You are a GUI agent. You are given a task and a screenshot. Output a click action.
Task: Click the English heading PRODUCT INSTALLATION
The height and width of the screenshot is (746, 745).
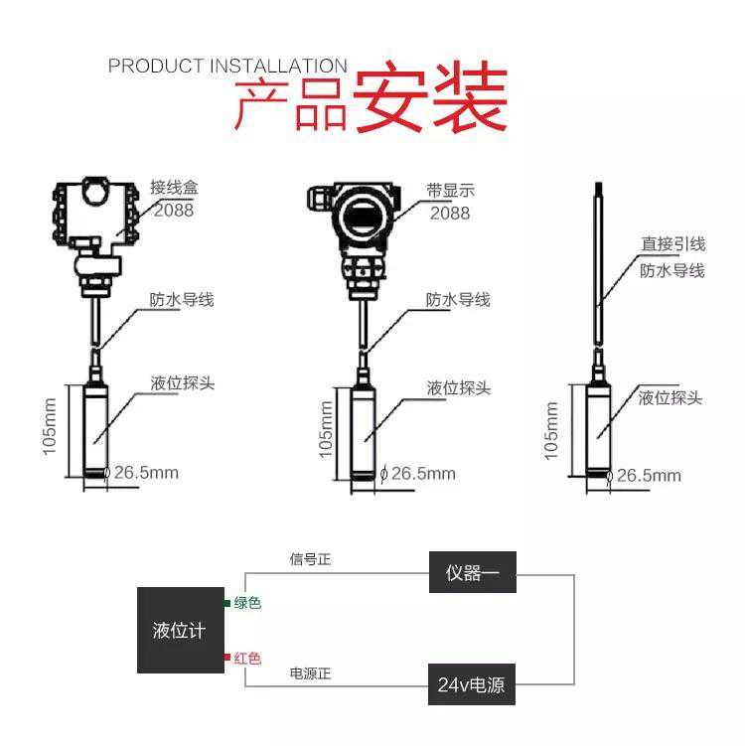tap(227, 66)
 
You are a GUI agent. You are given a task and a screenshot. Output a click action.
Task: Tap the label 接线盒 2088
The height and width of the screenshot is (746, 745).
tap(174, 199)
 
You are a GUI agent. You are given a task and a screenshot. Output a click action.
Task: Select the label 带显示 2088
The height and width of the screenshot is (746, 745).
tap(450, 202)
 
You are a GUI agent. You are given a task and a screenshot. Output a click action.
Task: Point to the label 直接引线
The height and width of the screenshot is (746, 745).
tap(672, 243)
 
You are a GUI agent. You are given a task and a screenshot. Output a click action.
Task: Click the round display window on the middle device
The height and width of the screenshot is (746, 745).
tap(363, 217)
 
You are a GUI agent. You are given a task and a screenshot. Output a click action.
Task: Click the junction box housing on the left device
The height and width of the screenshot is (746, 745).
tap(95, 213)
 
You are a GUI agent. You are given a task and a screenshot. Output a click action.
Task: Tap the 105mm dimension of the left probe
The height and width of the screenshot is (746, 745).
tap(49, 427)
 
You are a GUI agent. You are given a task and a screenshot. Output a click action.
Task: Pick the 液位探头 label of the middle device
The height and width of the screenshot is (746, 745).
tap(458, 388)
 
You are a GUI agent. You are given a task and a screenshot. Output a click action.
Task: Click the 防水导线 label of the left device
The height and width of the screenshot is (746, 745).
tap(182, 300)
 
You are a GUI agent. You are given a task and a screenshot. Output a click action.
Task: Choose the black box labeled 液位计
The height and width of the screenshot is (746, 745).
tap(181, 630)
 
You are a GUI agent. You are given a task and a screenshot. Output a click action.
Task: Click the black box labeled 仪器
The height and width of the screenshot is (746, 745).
tap(473, 572)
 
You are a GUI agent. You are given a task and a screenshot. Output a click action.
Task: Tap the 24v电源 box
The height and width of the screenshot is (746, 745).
tap(472, 684)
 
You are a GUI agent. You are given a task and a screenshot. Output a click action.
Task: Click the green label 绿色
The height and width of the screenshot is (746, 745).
tap(247, 603)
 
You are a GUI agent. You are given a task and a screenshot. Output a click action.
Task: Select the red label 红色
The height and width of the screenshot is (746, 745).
tap(247, 658)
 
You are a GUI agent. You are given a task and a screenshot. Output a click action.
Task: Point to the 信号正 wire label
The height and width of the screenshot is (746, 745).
tap(310, 559)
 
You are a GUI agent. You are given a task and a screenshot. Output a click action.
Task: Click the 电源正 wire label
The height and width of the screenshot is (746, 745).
tap(310, 673)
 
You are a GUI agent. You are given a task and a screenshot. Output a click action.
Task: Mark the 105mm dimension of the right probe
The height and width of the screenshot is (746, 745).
tap(550, 430)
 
